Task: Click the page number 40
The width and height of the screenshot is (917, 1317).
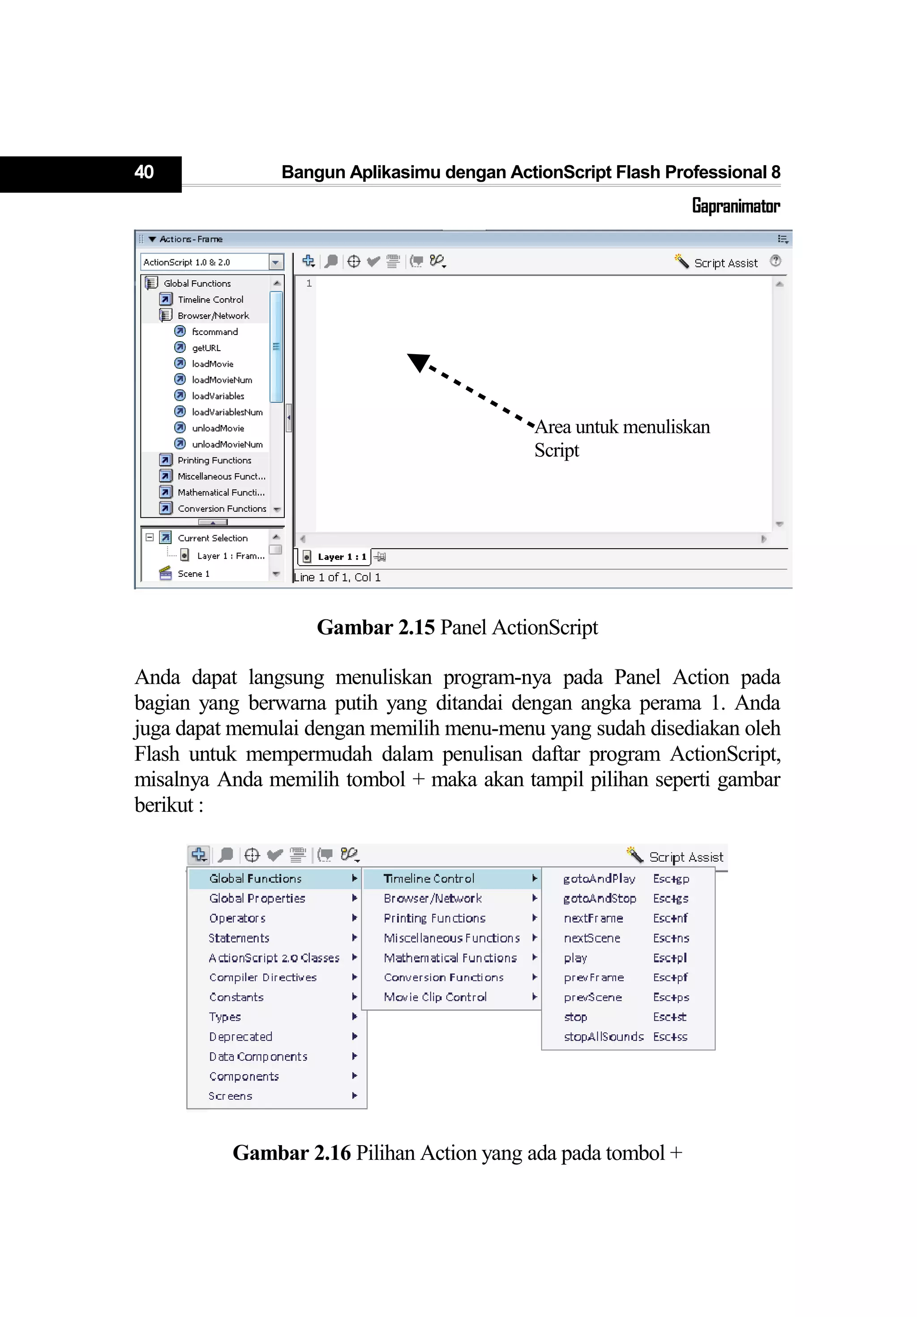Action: point(143,172)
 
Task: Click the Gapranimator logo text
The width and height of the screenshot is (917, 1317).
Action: point(735,206)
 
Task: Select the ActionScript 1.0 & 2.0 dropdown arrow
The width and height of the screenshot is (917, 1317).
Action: point(276,262)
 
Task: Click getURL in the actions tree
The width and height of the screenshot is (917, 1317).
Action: point(206,347)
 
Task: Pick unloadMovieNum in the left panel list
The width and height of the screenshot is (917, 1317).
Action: point(227,444)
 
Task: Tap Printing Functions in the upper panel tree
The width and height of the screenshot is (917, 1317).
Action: point(214,460)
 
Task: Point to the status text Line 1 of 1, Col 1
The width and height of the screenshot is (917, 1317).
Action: point(337,577)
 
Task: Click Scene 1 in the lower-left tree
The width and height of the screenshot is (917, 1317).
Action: point(193,574)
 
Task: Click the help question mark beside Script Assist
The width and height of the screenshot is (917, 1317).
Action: point(776,261)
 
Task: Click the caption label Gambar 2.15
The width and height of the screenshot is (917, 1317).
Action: point(376,627)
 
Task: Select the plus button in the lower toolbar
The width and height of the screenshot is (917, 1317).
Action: point(199,855)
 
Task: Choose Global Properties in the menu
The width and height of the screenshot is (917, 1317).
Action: point(257,898)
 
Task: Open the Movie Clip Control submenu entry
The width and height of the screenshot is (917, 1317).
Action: point(435,997)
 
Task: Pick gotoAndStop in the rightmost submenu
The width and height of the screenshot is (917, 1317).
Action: point(599,898)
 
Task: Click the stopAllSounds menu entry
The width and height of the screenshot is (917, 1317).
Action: point(603,1037)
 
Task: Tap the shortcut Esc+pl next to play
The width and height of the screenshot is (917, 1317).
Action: point(670,958)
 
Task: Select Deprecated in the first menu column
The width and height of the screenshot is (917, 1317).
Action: point(240,1037)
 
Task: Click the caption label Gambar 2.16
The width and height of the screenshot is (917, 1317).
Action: point(291,1153)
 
